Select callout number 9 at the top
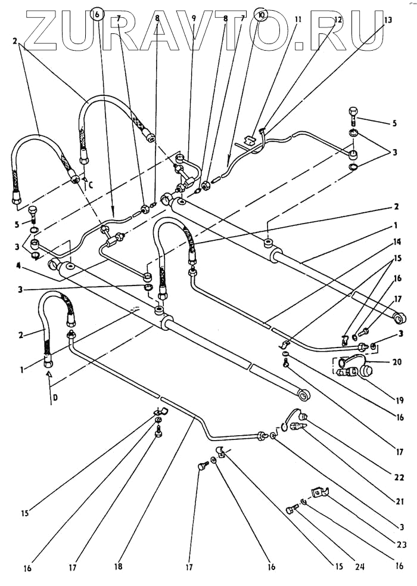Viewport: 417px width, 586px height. [x=194, y=19]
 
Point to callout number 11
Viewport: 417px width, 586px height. [x=298, y=19]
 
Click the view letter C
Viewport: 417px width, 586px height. [x=91, y=184]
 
